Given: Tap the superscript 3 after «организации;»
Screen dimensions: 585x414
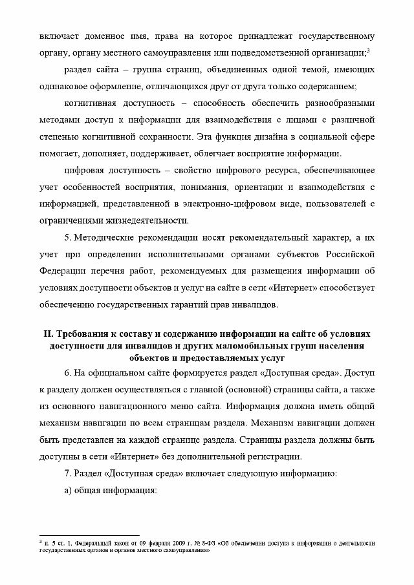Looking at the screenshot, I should pyautogui.click(x=367, y=50).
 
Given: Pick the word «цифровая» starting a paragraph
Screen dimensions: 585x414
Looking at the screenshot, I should pyautogui.click(x=85, y=171).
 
